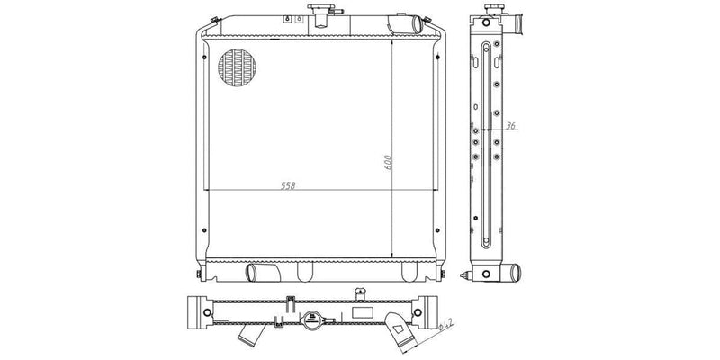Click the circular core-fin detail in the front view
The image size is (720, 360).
pos(236,68)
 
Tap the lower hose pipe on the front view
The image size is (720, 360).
pos(260,271)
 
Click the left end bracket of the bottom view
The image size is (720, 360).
pos(194,311)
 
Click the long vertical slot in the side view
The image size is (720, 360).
pos(486,144)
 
